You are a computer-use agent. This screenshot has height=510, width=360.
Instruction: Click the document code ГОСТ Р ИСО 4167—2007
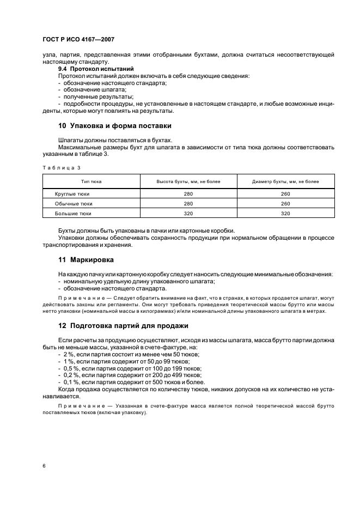click(78, 40)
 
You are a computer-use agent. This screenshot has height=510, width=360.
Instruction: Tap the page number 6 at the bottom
click(44, 466)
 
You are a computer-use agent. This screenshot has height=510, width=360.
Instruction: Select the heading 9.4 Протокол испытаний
click(88, 69)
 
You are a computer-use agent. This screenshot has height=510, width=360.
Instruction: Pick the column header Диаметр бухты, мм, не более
click(286, 181)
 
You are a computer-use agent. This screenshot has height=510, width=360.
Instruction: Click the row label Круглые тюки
click(72, 193)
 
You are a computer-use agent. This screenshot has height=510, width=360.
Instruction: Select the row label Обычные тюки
click(73, 203)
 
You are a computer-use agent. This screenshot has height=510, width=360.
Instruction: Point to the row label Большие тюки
click(73, 214)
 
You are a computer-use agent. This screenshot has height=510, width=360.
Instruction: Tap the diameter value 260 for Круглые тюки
click(286, 193)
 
